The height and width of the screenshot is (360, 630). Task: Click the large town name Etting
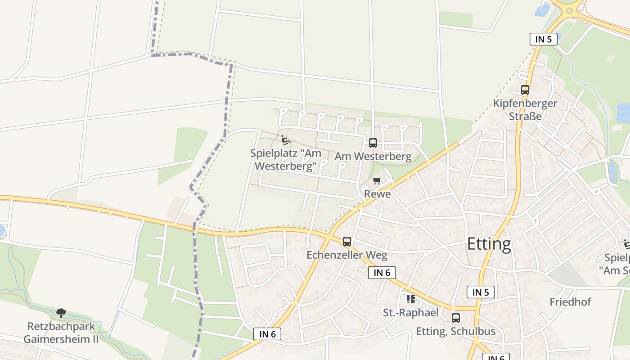(x=489, y=244)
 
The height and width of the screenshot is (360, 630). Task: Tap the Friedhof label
(x=570, y=302)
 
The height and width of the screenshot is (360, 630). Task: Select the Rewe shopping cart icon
(x=377, y=181)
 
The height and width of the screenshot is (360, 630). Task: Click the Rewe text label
(x=377, y=194)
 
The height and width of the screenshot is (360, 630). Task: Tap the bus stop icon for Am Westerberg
(x=373, y=143)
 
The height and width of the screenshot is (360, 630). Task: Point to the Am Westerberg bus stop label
(x=373, y=157)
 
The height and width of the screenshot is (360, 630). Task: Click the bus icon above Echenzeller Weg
(x=346, y=242)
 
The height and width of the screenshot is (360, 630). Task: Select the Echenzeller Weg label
(x=346, y=255)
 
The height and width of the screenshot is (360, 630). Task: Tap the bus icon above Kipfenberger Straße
(x=525, y=90)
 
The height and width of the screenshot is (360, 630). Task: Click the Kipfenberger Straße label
(x=525, y=110)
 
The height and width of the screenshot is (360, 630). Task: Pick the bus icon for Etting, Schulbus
(x=455, y=318)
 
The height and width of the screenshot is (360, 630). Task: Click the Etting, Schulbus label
(x=455, y=332)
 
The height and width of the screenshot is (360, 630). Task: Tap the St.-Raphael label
(x=410, y=312)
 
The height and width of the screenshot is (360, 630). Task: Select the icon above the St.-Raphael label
(x=410, y=299)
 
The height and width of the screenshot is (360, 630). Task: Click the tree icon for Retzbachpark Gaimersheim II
(x=61, y=313)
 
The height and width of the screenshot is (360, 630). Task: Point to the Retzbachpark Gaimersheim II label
(x=61, y=333)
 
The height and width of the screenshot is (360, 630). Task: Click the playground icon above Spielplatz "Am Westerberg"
(x=285, y=140)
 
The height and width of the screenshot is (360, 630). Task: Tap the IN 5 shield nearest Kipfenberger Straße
(x=543, y=39)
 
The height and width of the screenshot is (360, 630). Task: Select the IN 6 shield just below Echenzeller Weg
(x=382, y=272)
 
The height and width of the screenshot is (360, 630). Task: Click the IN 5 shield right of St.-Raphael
(x=481, y=292)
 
